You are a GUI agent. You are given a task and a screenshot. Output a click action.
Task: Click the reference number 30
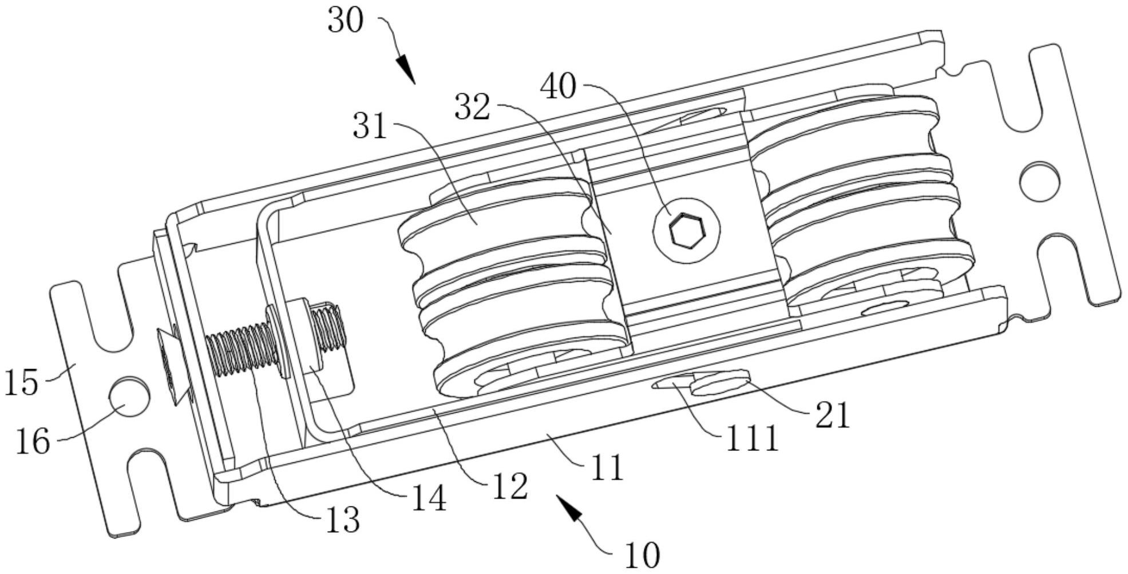click(346, 21)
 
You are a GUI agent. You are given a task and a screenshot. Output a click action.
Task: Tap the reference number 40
click(559, 88)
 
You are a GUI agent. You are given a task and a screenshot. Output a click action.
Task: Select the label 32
click(472, 107)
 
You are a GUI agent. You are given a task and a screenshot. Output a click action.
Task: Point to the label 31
click(370, 126)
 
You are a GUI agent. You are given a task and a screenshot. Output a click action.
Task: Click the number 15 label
click(22, 382)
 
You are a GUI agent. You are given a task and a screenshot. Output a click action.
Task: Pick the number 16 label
click(33, 442)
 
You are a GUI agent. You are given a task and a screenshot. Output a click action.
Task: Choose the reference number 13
click(343, 521)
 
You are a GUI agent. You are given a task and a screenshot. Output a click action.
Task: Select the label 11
click(606, 468)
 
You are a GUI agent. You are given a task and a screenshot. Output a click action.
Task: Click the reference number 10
click(642, 555)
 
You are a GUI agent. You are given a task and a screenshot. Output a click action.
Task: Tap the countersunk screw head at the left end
click(171, 366)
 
